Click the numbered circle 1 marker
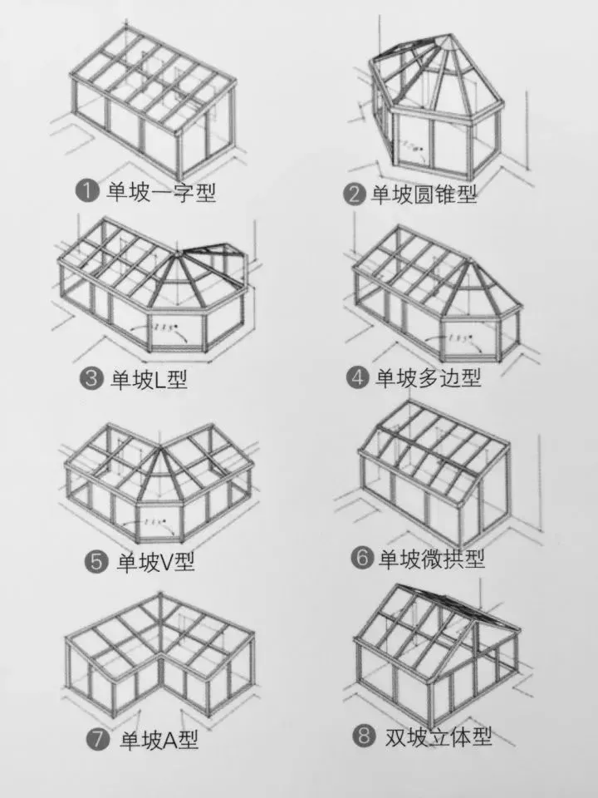point(87,192)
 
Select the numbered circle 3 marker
point(91,380)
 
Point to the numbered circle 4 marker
point(357,377)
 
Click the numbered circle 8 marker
point(362,736)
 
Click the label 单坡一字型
point(160,192)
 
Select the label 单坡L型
point(149,380)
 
